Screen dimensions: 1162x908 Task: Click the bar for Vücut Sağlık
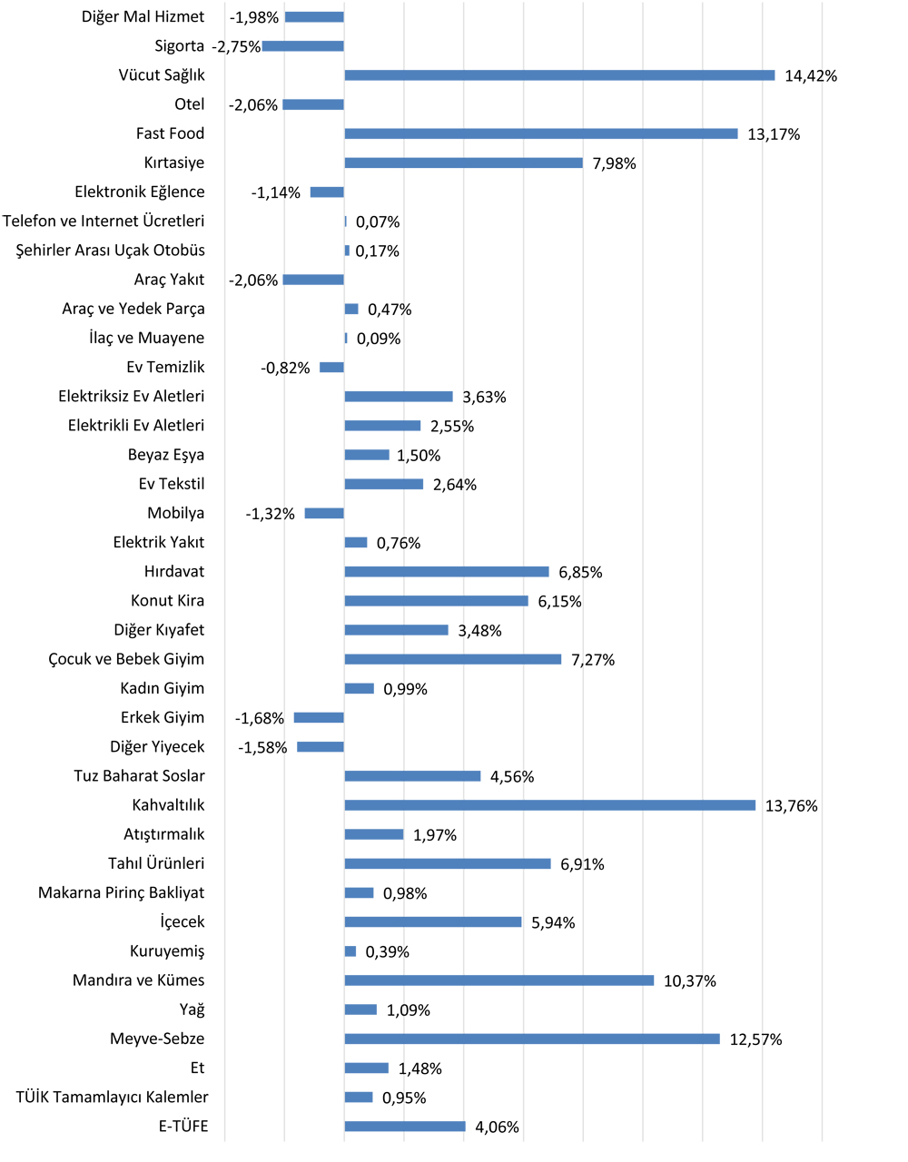pos(559,75)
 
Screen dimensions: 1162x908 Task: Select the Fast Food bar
pos(541,133)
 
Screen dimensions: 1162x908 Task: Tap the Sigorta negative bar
pos(303,46)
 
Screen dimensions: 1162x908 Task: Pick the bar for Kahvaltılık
pos(550,805)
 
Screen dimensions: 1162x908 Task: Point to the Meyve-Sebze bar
pos(532,1039)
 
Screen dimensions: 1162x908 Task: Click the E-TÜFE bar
pos(405,1127)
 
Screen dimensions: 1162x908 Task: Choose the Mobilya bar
pos(324,514)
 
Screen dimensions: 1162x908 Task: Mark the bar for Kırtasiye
pos(463,163)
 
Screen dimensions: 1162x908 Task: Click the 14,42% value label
pos(811,76)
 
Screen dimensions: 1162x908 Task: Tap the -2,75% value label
pos(236,47)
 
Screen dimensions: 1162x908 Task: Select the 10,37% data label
pos(690,981)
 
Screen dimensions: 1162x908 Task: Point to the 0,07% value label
pos(378,222)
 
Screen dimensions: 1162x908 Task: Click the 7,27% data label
pos(593,660)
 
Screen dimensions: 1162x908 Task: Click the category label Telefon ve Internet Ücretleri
pos(104,222)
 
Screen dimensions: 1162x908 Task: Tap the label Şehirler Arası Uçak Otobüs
pos(111,251)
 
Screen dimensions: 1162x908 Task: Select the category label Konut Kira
pos(168,601)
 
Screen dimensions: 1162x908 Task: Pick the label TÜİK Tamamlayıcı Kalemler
pos(112,1098)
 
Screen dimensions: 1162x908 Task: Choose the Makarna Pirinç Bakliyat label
pos(122,893)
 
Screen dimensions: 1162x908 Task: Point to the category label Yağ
pos(192,1009)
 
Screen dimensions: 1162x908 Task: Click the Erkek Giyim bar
pos(319,718)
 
